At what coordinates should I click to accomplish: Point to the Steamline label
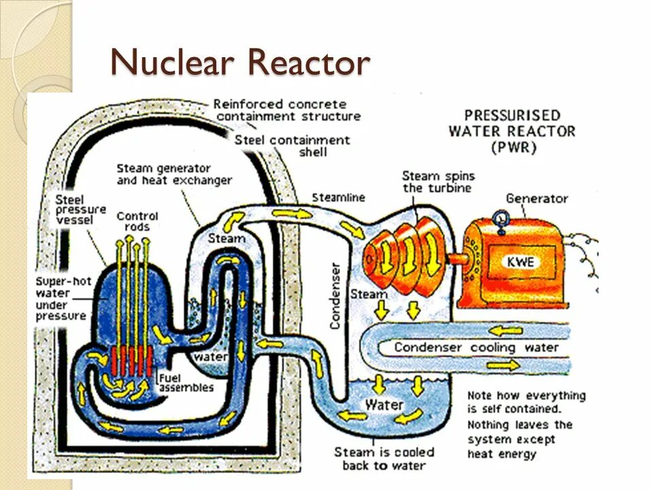[338, 197]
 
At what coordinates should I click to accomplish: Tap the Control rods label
[137, 221]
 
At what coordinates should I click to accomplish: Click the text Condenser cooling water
[476, 348]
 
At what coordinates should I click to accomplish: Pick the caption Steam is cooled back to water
[384, 459]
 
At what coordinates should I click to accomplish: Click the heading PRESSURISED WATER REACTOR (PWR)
[512, 131]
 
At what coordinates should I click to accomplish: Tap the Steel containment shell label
[292, 145]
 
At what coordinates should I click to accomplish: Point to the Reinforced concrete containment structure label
[286, 110]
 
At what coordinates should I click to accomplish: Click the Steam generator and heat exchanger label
[173, 174]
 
